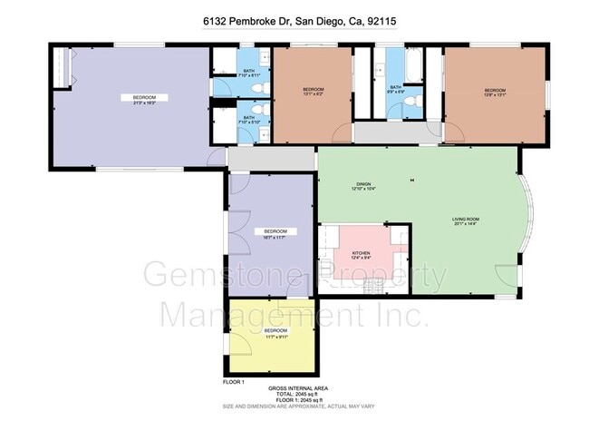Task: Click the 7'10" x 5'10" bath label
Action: click(x=249, y=120)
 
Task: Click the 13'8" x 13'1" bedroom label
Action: click(x=495, y=92)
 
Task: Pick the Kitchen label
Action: click(x=360, y=255)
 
